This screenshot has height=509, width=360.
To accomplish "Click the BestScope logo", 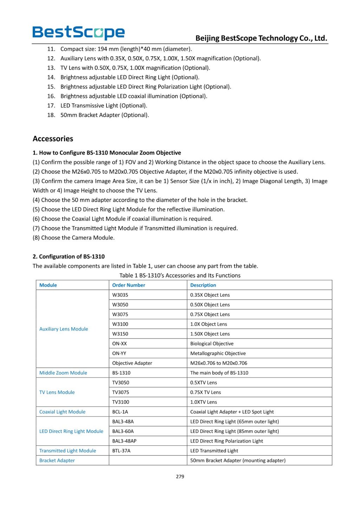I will tap(78, 32).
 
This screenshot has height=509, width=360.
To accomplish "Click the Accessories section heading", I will tap(53, 139).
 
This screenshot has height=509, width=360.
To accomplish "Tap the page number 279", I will tap(180, 477).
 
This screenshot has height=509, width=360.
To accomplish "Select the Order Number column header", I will tap(129, 285).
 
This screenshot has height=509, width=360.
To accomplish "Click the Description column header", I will tap(203, 285).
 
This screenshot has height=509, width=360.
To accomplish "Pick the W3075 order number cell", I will tap(120, 314).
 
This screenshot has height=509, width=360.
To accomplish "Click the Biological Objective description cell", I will tap(212, 343).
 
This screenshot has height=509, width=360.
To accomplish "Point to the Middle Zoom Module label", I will tap(63, 373).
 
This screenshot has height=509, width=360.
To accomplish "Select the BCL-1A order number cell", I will tap(120, 412).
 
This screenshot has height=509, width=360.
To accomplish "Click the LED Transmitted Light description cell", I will tap(214, 451).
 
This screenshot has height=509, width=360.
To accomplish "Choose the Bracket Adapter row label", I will tap(57, 460).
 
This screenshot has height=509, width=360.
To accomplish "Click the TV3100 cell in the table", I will tap(121, 402).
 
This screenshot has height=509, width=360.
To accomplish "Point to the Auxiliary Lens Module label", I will tap(64, 329).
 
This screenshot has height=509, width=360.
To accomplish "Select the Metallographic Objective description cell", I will tap(218, 353).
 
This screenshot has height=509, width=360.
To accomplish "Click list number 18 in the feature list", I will tap(51, 115).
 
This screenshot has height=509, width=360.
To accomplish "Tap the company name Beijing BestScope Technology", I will tap(261, 38).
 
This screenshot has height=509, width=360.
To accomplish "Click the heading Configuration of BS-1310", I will tap(69, 257).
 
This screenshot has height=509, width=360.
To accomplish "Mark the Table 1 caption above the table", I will tap(180, 276).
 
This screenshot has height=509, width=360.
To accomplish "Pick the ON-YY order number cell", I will tap(119, 353).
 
